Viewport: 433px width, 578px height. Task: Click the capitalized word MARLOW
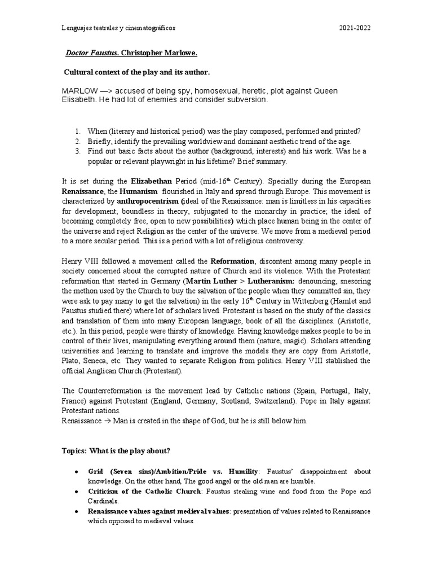coord(79,91)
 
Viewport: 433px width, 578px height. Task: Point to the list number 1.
coord(77,131)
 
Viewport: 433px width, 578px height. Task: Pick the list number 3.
coord(77,151)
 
